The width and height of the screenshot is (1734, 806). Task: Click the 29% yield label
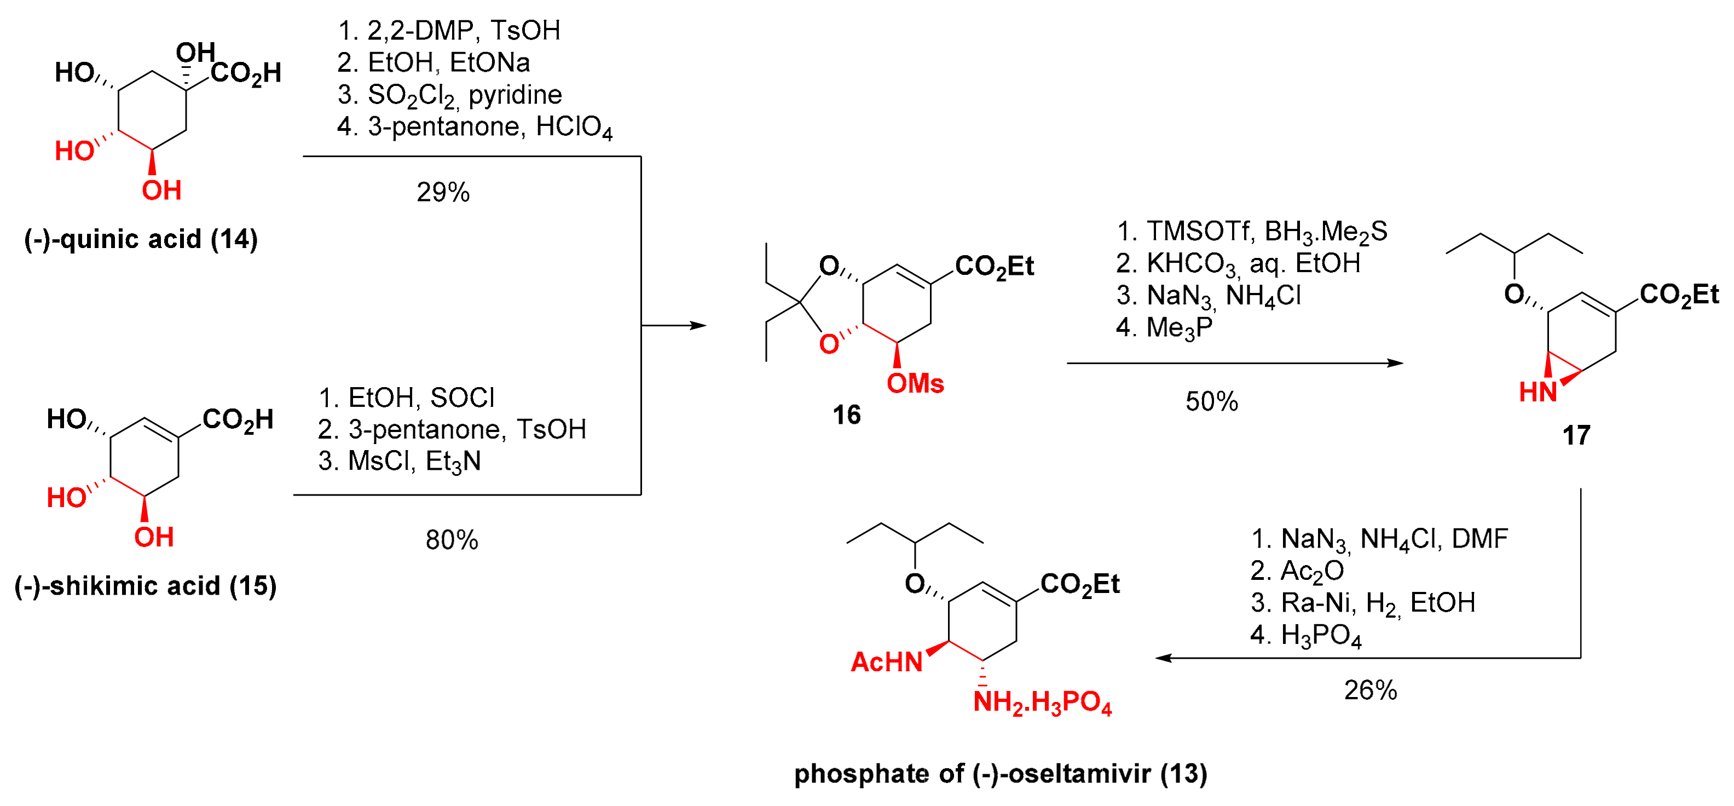coord(443,193)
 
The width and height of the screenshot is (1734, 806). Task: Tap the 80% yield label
coord(452,540)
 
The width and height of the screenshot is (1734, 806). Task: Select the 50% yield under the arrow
coord(1212,401)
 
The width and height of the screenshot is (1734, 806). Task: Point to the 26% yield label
coord(1371,690)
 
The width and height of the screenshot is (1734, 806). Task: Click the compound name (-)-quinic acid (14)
coord(141,239)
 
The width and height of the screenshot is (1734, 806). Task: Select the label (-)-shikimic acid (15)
coord(146,586)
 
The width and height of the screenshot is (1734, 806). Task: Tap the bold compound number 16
coord(846,415)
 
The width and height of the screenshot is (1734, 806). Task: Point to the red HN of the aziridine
coord(1538,392)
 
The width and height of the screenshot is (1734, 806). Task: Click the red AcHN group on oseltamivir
coord(886,662)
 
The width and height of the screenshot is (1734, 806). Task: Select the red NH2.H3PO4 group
coord(1042,703)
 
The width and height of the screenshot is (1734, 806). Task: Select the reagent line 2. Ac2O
coord(1297,571)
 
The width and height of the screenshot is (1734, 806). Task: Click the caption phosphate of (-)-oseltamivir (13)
coord(1001,774)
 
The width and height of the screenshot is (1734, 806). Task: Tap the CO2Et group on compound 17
coord(1678,295)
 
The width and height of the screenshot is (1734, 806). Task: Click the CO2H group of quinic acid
coord(246,73)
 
